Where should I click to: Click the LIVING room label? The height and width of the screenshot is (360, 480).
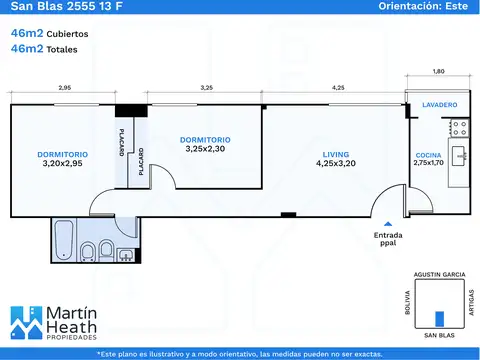tap(336, 155)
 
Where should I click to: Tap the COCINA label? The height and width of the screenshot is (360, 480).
tap(428, 155)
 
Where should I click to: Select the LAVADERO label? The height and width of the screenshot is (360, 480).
tap(440, 105)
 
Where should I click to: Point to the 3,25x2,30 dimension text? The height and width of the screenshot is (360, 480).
tap(205, 149)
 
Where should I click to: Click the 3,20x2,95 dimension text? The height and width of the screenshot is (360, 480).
tap(62, 163)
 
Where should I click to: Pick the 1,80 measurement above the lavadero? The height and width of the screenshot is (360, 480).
tap(438, 71)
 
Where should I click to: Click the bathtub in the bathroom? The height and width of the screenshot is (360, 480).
tap(64, 240)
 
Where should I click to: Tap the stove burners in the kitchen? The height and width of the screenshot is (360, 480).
tap(459, 128)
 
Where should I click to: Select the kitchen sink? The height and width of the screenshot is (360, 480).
tap(460, 156)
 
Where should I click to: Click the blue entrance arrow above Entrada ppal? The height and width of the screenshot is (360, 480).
tap(388, 224)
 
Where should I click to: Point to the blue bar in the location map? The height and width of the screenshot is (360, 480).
tap(440, 319)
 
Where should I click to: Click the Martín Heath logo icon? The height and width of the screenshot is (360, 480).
tap(26, 322)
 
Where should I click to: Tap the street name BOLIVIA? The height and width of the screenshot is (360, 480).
tap(408, 302)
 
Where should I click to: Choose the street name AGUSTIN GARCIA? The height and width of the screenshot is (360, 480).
tap(439, 275)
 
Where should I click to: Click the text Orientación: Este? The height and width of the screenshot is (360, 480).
tap(423, 6)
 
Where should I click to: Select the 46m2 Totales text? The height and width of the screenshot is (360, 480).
tap(44, 49)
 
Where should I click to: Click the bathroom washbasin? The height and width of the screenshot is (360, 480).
tap(126, 255)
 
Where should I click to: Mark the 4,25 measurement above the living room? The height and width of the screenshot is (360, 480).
tap(338, 88)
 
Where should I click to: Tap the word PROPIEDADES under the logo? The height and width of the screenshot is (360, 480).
tap(71, 337)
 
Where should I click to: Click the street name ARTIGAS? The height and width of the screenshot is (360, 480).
tap(471, 302)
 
